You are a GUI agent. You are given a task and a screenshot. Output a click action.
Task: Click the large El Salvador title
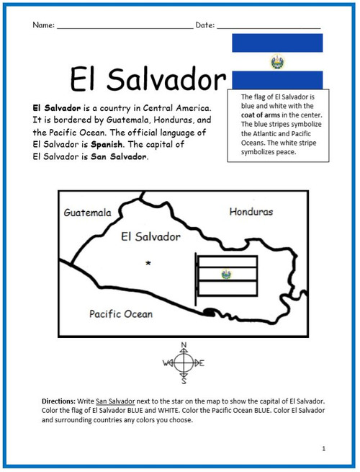[148, 79]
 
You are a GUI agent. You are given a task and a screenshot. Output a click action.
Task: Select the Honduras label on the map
[251, 212]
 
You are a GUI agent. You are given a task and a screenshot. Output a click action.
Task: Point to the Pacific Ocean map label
[121, 313]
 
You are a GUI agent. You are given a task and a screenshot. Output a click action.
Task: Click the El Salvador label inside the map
[151, 236]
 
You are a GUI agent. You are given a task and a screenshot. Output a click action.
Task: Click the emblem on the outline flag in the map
[227, 275]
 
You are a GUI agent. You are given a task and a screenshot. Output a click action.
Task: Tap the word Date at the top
[204, 25]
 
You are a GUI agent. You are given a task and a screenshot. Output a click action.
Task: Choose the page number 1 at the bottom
[323, 448]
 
